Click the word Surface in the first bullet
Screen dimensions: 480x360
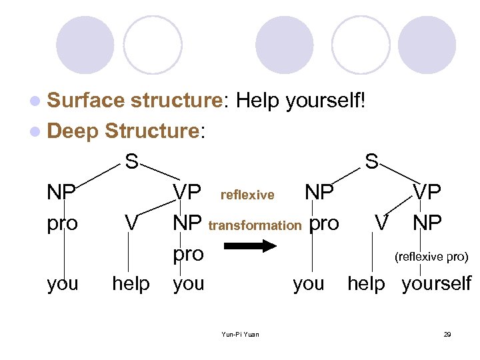86,101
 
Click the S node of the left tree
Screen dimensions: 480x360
132,161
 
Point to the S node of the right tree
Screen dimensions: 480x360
371,161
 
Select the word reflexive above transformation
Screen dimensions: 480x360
247,195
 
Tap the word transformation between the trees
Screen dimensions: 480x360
255,225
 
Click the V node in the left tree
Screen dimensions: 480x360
131,223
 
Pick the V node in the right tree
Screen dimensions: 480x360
381,223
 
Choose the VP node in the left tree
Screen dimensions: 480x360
187,193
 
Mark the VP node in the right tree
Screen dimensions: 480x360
427,193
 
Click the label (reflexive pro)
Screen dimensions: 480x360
431,257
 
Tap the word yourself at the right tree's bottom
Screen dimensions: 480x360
436,284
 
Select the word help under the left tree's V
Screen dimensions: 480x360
131,284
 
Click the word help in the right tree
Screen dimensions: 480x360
366,284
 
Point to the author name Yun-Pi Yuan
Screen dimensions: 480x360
240,335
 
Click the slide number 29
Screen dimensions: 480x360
447,335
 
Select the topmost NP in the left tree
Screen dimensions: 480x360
61,193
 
